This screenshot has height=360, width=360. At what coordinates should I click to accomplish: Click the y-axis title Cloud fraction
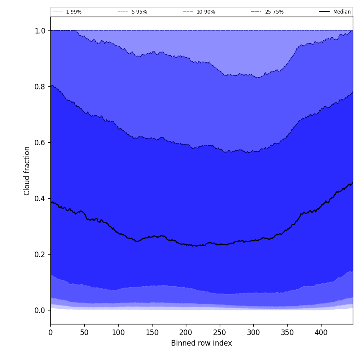(27, 171)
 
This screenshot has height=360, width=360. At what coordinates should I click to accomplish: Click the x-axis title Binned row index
(201, 343)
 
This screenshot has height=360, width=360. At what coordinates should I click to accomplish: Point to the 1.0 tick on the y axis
(40, 30)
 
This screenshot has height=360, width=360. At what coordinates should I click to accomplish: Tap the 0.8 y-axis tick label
(40, 86)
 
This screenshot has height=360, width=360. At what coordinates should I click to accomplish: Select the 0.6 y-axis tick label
(40, 142)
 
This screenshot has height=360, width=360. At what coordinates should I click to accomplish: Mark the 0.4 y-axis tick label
(40, 198)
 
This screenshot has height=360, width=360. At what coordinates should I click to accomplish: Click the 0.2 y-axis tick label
(40, 254)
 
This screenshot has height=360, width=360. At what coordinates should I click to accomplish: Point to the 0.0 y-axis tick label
(40, 310)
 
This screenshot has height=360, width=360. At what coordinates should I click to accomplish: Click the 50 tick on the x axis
(84, 332)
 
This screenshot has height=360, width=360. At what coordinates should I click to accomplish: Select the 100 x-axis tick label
(118, 332)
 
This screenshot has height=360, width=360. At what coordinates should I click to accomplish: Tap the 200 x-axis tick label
(186, 332)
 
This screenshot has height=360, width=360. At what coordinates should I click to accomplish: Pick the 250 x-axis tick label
(219, 332)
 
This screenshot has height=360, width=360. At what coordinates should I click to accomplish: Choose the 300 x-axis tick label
(253, 332)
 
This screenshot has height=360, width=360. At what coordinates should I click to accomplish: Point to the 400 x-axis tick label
(321, 332)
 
